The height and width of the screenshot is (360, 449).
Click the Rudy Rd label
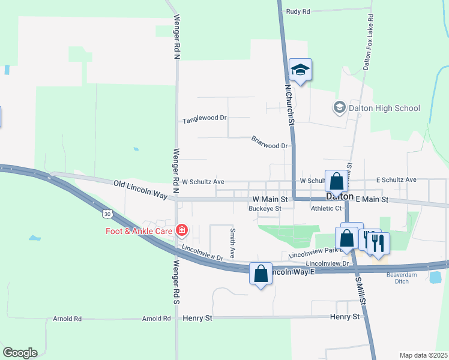click(x=298, y=11)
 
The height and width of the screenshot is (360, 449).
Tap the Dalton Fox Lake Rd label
click(x=368, y=42)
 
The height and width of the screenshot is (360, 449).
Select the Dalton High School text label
click(x=384, y=108)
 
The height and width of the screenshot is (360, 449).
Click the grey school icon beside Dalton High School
click(x=339, y=107)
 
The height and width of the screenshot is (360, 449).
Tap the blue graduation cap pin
click(x=300, y=70)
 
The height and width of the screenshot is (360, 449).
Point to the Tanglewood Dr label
click(x=205, y=120)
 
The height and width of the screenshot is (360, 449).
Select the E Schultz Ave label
click(x=396, y=180)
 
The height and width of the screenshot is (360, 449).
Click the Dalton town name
click(x=340, y=197)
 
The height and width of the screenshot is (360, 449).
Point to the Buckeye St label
click(x=265, y=209)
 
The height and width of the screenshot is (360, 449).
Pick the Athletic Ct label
click(x=326, y=209)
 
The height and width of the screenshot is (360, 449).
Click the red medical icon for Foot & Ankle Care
click(x=181, y=230)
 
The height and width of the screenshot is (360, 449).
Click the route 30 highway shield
click(x=106, y=213)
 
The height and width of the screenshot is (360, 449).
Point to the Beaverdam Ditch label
click(x=402, y=278)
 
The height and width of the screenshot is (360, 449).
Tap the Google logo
click(x=19, y=353)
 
